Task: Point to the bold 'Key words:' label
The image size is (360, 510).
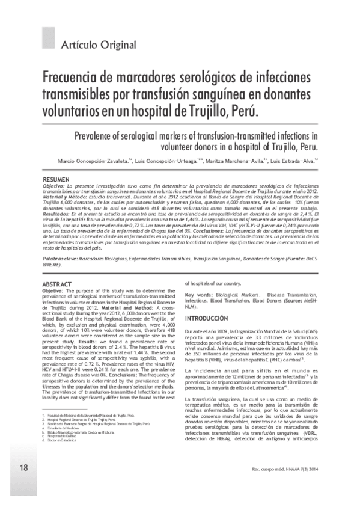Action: (198, 296)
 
